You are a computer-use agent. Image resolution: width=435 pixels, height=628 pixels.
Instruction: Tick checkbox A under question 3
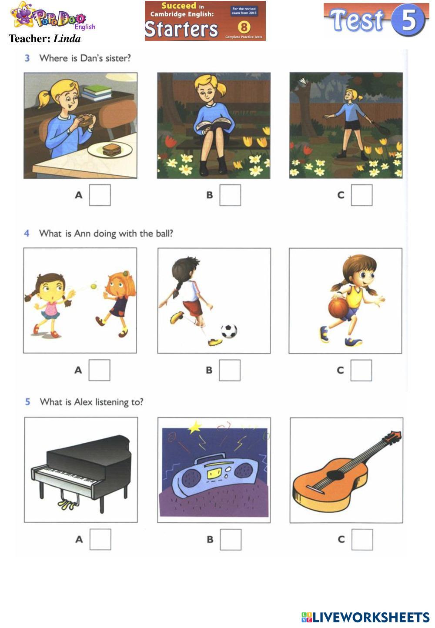(x=100, y=195)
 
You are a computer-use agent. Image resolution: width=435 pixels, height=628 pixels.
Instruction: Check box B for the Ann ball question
(x=230, y=371)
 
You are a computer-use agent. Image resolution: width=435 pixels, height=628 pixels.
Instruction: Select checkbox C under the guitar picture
(x=362, y=540)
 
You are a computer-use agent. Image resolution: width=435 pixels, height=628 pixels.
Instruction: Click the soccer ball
(x=229, y=331)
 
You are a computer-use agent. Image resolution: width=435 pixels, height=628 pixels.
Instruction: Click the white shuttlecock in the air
(x=303, y=81)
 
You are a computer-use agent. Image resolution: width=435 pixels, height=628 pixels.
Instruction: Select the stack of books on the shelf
(x=96, y=93)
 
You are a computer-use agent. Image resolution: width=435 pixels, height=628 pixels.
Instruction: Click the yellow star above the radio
(x=195, y=427)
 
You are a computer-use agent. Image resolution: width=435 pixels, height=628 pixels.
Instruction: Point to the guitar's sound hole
(x=335, y=475)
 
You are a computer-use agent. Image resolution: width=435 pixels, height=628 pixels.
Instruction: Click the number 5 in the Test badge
(x=408, y=20)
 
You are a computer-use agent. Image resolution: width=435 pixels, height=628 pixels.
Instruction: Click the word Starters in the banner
(x=181, y=29)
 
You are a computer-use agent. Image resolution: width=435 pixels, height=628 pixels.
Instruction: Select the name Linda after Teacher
(x=67, y=38)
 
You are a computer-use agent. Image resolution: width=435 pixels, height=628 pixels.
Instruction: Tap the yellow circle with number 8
(x=244, y=27)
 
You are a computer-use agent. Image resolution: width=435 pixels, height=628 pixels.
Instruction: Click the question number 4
(x=27, y=233)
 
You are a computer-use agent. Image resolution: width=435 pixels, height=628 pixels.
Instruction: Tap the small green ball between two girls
(x=94, y=286)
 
